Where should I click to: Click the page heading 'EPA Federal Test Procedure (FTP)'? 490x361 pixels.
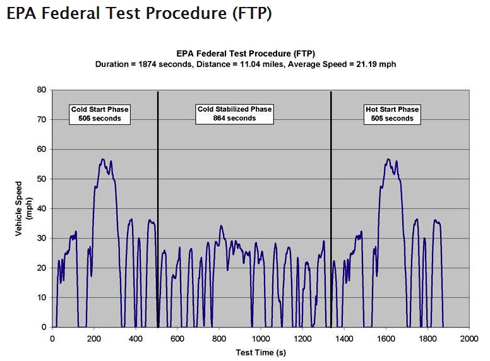tap(139, 14)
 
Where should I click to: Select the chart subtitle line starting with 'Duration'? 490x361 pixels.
tap(246, 64)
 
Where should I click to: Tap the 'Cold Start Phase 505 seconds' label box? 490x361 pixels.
tap(100, 114)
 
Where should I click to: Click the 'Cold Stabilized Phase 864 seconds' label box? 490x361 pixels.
tap(235, 114)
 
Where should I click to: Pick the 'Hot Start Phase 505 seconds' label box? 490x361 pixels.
tap(392, 114)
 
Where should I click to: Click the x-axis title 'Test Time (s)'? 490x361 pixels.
tap(260, 352)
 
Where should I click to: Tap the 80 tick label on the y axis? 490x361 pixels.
tap(42, 90)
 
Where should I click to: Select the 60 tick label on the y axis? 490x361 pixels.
tap(42, 150)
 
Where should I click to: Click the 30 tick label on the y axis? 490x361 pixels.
tap(42, 239)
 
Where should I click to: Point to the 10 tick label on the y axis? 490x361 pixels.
tap(42, 297)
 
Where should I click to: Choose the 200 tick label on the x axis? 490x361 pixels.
tap(94, 338)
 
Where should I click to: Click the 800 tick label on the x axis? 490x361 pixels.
tap(219, 338)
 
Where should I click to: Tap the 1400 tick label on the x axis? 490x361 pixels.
tap(344, 338)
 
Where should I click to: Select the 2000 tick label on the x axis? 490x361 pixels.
tap(469, 338)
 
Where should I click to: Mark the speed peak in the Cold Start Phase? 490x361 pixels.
tap(104, 160)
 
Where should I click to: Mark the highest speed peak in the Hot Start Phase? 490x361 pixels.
tap(388, 160)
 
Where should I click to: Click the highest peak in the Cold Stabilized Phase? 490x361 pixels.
tap(221, 226)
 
